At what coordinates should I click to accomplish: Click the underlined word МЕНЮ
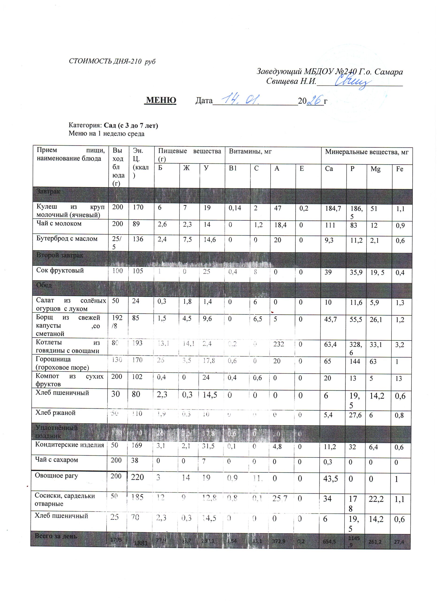[161, 100]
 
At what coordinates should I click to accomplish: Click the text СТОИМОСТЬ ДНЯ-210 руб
[112, 62]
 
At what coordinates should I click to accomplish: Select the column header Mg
[375, 169]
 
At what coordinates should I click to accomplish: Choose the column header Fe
[399, 169]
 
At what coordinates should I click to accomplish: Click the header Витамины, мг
[250, 152]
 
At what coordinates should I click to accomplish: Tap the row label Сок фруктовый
[60, 270]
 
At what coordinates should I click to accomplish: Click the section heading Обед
[44, 285]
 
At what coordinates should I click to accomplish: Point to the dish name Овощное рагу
[56, 475]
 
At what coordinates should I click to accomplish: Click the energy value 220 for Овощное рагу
[138, 477]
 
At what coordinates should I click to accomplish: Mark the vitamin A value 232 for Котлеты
[279, 344]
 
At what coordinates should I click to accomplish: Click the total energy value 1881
[141, 543]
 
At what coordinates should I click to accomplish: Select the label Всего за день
[56, 536]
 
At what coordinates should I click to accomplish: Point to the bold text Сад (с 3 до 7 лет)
[131, 125]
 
